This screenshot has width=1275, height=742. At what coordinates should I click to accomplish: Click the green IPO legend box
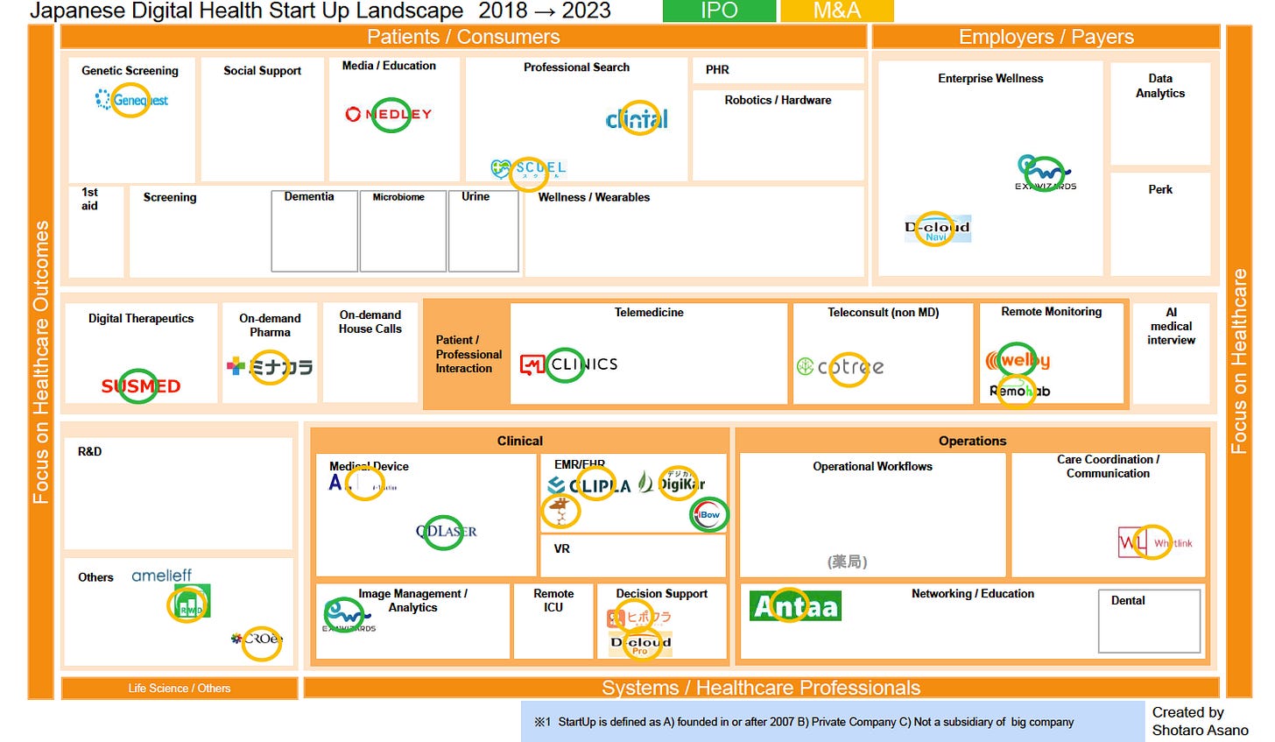(x=719, y=11)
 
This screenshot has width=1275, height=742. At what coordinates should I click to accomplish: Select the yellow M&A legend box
(x=836, y=11)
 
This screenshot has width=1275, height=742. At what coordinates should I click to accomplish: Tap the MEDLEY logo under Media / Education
(x=389, y=114)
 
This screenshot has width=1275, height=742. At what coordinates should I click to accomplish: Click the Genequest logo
(x=132, y=100)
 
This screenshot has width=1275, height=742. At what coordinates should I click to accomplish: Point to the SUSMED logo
(x=140, y=385)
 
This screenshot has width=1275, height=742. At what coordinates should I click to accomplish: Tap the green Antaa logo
(x=795, y=605)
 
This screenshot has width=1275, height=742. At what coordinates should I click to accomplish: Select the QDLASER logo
(x=447, y=531)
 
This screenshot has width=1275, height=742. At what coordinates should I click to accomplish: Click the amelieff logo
(x=161, y=576)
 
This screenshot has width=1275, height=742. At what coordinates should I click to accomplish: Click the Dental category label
(x=1128, y=600)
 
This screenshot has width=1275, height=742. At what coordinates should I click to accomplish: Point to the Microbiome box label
(x=398, y=197)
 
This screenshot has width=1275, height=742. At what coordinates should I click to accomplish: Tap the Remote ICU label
(x=553, y=600)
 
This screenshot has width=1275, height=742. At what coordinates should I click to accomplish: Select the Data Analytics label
(x=1160, y=86)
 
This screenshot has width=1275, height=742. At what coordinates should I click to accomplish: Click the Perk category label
(x=1160, y=189)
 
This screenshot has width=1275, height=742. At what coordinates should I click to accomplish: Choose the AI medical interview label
(x=1171, y=326)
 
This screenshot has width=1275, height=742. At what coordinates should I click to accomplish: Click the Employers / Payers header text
(x=1046, y=37)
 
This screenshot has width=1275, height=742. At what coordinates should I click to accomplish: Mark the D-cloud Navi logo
(x=937, y=230)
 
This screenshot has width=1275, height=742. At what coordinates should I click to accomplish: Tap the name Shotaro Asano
(x=1200, y=730)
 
